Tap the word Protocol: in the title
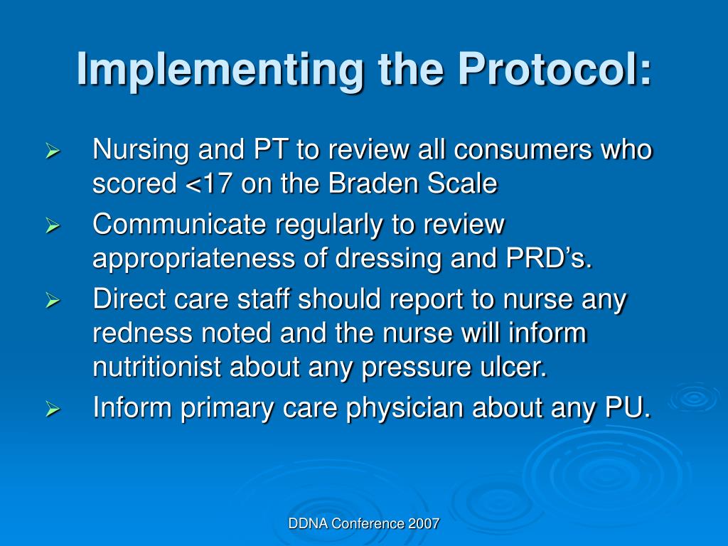[x=555, y=70]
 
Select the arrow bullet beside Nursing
[x=52, y=151]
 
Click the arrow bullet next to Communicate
[x=52, y=227]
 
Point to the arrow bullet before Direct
[x=52, y=302]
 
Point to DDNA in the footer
[x=306, y=524]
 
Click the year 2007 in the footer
[x=424, y=524]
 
